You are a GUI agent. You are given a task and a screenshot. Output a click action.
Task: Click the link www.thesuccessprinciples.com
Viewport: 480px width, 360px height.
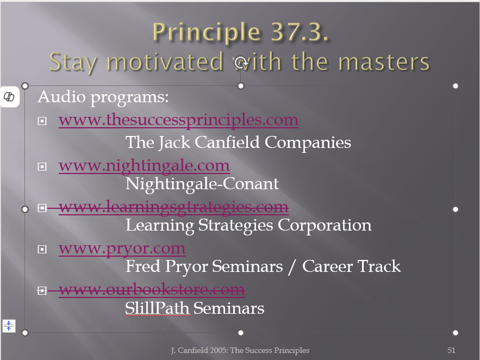(178, 120)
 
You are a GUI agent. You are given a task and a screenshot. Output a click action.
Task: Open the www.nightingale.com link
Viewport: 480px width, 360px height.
(144, 166)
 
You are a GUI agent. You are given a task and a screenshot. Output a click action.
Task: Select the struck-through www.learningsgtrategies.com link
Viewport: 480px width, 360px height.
(173, 207)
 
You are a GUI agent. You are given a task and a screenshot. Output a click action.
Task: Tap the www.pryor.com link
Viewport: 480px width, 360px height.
(122, 249)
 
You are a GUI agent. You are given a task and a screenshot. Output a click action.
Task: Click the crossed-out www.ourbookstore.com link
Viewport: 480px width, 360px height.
(152, 289)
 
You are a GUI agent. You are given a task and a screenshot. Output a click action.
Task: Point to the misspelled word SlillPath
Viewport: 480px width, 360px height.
(158, 308)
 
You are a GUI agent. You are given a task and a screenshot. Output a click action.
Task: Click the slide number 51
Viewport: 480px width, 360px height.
(451, 350)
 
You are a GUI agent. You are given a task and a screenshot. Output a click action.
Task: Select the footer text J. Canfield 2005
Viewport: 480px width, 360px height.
(200, 350)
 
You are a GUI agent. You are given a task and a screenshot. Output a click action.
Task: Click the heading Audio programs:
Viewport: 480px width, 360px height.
(103, 97)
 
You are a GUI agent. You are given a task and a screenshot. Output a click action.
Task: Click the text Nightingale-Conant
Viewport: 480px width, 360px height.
(202, 184)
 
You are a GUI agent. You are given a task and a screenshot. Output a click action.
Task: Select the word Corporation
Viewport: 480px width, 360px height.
(325, 226)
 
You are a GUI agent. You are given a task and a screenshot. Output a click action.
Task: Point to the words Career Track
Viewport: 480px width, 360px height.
(351, 266)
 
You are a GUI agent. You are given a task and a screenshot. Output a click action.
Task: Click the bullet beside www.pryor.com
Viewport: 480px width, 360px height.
(42, 249)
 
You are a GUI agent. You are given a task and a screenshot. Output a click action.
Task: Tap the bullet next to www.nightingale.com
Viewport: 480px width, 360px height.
(42, 166)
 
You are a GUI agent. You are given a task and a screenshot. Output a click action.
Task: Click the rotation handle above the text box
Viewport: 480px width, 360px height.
(241, 63)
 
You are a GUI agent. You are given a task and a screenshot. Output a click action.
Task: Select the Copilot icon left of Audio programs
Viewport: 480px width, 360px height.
(9, 97)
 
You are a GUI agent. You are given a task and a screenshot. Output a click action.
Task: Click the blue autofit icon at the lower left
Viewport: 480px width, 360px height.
(9, 326)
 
